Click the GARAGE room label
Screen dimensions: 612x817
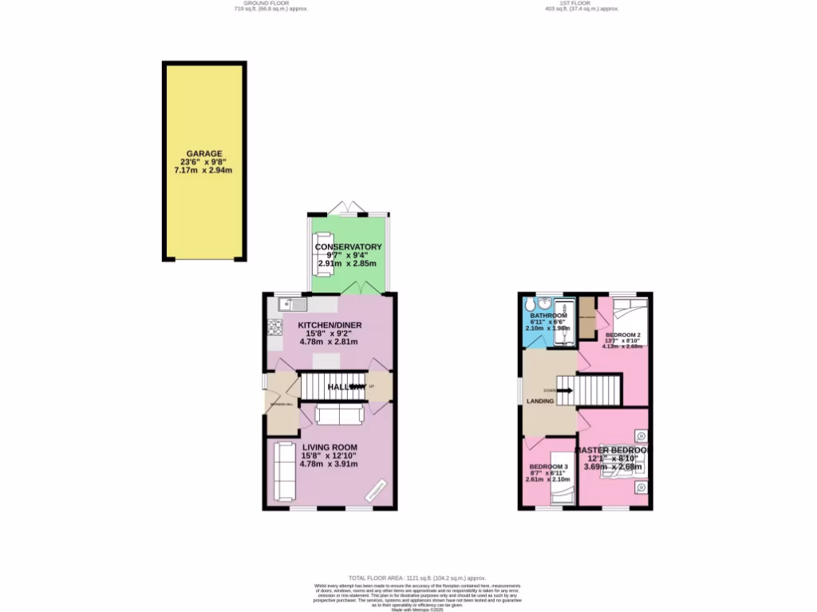click(x=204, y=154)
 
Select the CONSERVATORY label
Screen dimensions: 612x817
click(x=348, y=247)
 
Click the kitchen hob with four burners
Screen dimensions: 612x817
click(x=275, y=327)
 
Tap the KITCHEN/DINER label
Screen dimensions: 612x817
click(x=329, y=325)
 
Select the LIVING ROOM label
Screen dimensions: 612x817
click(x=329, y=447)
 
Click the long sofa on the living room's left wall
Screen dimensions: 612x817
click(x=282, y=469)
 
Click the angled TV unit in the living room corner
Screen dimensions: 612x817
click(x=377, y=490)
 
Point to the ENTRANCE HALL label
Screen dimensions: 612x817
click(x=282, y=405)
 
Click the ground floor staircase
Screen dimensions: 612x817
click(x=327, y=386)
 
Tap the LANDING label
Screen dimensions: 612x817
click(x=540, y=401)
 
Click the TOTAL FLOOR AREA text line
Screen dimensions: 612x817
click(x=417, y=578)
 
